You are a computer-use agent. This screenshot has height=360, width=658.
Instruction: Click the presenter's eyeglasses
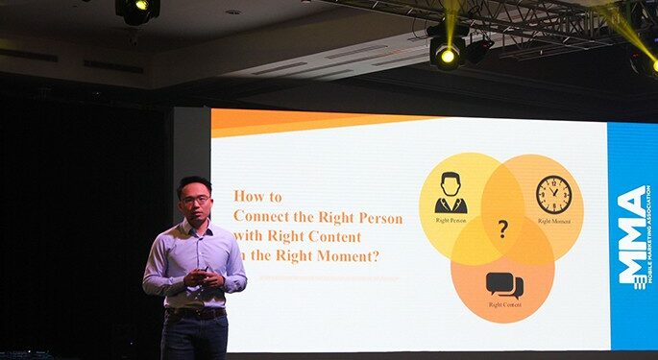pos(195,200)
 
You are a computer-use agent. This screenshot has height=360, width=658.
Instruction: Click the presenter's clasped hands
pos(199,278)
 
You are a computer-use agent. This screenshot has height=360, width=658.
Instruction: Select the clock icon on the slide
pos(553,195)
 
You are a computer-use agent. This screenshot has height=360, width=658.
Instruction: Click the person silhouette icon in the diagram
pos(450,193)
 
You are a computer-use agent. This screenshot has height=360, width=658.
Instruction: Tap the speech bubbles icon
pos(503,284)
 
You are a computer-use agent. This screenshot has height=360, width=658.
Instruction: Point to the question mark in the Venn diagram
pos(502,228)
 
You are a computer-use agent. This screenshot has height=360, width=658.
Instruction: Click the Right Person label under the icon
pos(450,221)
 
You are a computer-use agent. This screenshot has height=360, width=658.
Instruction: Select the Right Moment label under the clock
pos(554,221)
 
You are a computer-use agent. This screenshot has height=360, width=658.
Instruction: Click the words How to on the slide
pos(257,196)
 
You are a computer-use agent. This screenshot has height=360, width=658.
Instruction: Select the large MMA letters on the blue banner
pos(632,235)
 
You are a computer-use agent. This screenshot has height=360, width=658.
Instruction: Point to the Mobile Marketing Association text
pos(648,235)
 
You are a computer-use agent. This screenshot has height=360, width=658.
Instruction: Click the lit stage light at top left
pos(137,9)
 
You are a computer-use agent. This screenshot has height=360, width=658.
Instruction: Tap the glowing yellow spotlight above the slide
pos(447,55)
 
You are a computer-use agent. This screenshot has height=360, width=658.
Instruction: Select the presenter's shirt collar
pos(195,227)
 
